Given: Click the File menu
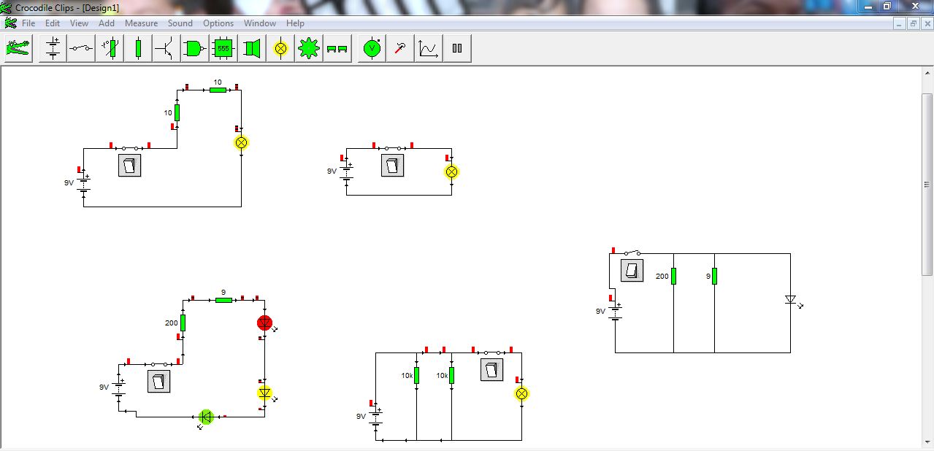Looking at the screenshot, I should click(28, 23).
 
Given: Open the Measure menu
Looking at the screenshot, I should click(141, 23).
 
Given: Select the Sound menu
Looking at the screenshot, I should click(180, 23).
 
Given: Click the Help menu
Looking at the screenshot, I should click(295, 23).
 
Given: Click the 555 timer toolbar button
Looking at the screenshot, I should click(223, 49).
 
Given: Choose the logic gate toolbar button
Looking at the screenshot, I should click(194, 49).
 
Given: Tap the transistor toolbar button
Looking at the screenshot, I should click(165, 49).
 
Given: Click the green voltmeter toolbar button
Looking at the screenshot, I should click(372, 49).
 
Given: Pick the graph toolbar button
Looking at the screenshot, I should click(429, 49).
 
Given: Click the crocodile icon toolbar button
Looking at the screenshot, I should click(18, 49).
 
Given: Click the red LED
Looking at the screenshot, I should click(264, 323).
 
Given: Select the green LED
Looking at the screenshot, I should click(206, 417).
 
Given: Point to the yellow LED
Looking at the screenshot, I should click(265, 393).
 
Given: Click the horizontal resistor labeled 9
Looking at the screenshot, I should click(223, 300).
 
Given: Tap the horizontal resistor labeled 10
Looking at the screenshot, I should click(218, 90).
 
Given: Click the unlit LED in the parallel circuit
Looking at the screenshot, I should click(790, 300).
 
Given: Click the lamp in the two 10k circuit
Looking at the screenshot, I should click(521, 394).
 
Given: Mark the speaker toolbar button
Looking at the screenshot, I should click(252, 49).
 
